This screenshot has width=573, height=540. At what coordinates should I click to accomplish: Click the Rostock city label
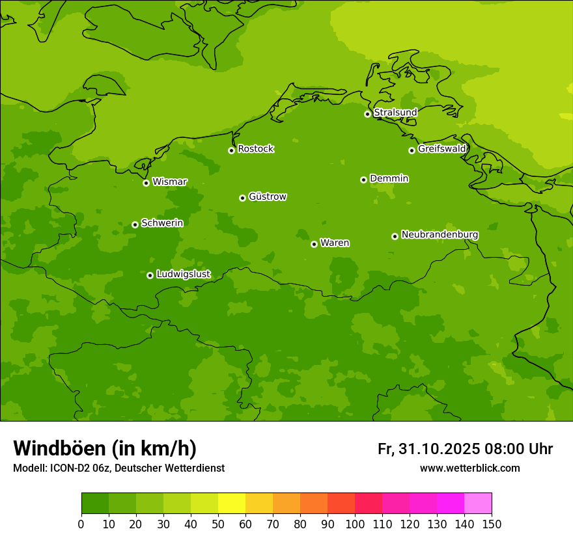point(255,149)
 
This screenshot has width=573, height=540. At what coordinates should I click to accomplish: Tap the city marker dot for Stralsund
point(367,114)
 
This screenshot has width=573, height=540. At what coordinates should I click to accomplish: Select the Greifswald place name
point(441,149)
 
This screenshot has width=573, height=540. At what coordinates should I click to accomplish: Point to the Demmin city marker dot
point(363,180)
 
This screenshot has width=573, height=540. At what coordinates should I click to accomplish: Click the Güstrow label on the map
point(267,196)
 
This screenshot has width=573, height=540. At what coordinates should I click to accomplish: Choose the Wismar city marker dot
point(146,183)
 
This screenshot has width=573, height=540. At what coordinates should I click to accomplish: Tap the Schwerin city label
point(161,223)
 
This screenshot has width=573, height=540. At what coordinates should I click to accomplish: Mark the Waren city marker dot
point(314,244)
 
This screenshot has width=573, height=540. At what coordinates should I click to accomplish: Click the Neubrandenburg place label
point(440,235)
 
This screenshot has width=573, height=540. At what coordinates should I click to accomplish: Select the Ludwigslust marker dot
point(150,275)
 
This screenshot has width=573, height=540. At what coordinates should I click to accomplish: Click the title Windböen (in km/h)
point(105,448)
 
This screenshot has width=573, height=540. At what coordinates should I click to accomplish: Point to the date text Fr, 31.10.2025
point(428,449)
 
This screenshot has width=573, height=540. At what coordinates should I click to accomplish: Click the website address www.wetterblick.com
point(469,468)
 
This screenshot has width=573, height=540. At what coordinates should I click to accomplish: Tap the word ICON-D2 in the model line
point(67,468)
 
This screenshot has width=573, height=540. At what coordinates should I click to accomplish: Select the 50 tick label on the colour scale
point(218,524)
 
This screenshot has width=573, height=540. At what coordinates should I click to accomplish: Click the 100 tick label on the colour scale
point(355,524)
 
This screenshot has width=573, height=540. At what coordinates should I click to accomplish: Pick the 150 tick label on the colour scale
point(492,524)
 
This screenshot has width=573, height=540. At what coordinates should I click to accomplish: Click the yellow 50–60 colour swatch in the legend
point(232,504)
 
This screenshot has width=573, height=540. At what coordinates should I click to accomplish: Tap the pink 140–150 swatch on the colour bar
point(478,504)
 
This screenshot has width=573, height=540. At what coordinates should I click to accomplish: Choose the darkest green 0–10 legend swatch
point(95,504)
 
